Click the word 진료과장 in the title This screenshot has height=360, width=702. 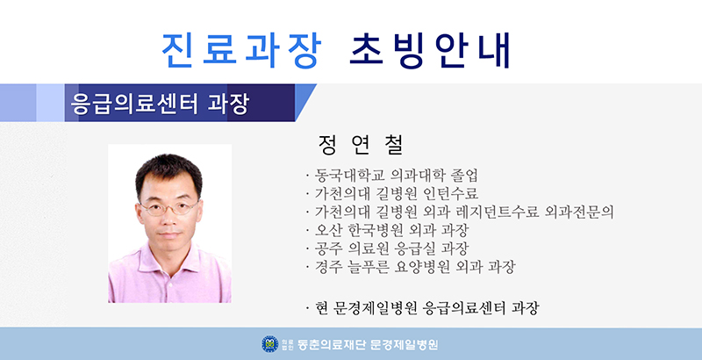click(x=241, y=50)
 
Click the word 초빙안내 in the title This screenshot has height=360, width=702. click(x=430, y=50)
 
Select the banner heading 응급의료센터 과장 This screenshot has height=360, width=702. click(x=160, y=104)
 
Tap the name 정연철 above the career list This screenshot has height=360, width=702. click(x=361, y=145)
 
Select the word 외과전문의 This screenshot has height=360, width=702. click(x=578, y=212)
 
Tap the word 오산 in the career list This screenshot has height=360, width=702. click(x=328, y=230)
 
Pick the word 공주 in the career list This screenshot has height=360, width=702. click(x=328, y=248)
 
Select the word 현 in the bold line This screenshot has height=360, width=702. click(x=321, y=307)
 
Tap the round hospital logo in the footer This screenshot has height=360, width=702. click(x=270, y=344)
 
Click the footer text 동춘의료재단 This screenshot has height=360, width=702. click(x=332, y=344)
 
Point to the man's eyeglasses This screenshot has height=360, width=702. click(x=169, y=208)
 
